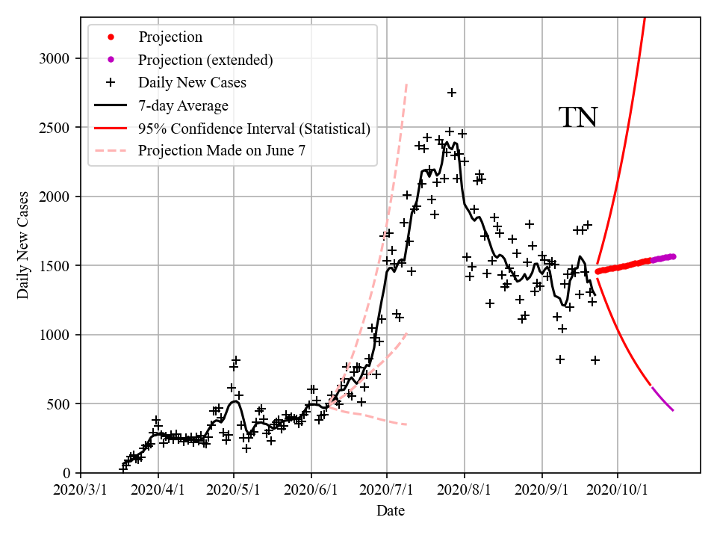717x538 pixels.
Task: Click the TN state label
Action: pyautogui.click(x=578, y=117)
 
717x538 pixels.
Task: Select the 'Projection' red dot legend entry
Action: pyautogui.click(x=170, y=37)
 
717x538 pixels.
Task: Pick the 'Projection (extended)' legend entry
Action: pyautogui.click(x=205, y=60)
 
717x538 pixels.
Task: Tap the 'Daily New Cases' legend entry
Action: pyautogui.click(x=192, y=82)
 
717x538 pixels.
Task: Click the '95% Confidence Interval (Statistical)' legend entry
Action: pyautogui.click(x=254, y=129)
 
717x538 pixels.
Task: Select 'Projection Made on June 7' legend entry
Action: pyautogui.click(x=221, y=151)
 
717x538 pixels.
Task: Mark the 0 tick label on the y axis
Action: pyautogui.click(x=67, y=473)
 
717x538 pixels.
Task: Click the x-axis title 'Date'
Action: pyautogui.click(x=391, y=511)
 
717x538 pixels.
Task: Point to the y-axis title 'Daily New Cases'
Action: pyautogui.click(x=23, y=246)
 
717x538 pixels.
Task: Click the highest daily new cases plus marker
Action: pyautogui.click(x=452, y=93)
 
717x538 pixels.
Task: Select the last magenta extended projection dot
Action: pyautogui.click(x=673, y=256)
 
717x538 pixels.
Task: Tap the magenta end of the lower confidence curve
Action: pyautogui.click(x=672, y=409)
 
